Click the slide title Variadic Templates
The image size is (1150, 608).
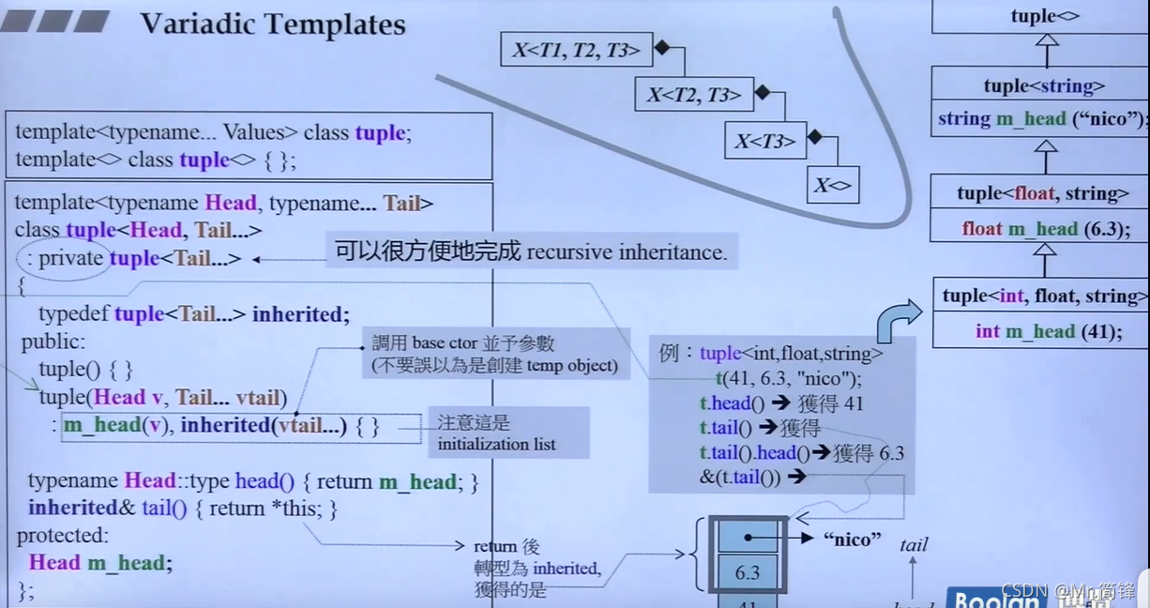(x=273, y=23)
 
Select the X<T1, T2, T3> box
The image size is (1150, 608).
(x=575, y=50)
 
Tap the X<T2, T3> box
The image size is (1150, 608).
(x=693, y=94)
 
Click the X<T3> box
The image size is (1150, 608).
(x=764, y=141)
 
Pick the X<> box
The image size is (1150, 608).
(x=832, y=185)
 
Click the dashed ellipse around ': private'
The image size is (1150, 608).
(x=63, y=259)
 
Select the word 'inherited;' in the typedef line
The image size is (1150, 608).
(x=300, y=314)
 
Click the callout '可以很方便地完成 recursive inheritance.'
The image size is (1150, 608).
(x=530, y=251)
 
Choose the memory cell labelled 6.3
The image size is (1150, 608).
(x=748, y=572)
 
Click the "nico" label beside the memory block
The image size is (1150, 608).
(x=852, y=539)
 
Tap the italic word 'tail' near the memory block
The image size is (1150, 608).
(x=913, y=544)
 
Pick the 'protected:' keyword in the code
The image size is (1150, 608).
(x=62, y=536)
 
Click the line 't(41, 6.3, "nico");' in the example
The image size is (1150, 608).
(x=788, y=379)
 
